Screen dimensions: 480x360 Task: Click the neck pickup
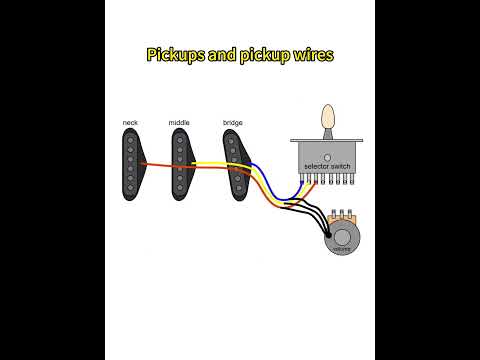tap(131, 161)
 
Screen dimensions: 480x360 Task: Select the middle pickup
tap(181, 161)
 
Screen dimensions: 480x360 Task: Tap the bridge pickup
tap(234, 161)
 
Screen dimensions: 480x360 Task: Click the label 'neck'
tap(130, 123)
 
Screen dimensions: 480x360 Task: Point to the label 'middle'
tap(179, 123)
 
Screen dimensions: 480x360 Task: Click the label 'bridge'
tap(232, 123)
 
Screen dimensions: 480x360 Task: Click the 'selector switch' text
tap(327, 165)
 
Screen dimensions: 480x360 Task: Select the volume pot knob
tap(342, 241)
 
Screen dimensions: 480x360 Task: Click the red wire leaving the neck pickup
tap(160, 167)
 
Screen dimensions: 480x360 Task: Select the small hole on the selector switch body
tap(327, 156)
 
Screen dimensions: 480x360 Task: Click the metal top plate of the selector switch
tap(327, 140)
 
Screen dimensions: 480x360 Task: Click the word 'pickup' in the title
tap(260, 54)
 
